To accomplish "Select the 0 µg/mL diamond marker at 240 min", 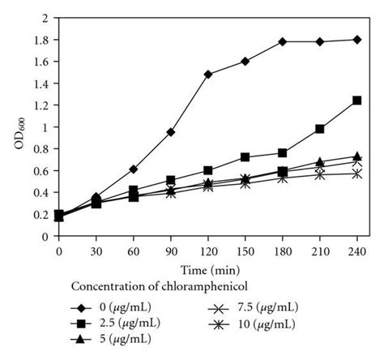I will (x=357, y=40).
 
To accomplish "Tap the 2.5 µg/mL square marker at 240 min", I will (x=357, y=101).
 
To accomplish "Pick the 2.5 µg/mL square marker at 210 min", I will (x=320, y=129).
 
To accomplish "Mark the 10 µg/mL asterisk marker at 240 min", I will (x=357, y=174).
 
